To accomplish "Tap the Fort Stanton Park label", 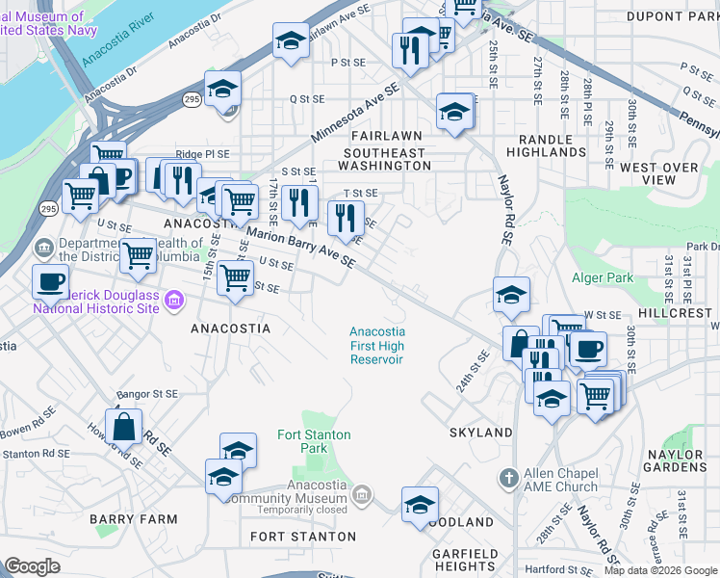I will pyautogui.click(x=314, y=441).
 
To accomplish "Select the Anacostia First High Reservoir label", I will pyautogui.click(x=376, y=345).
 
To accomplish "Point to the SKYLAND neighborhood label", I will pyautogui.click(x=480, y=433).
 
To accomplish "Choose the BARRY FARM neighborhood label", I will pyautogui.click(x=134, y=519).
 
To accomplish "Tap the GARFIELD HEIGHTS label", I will pyautogui.click(x=464, y=560).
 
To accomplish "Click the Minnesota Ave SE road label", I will pyautogui.click(x=354, y=112).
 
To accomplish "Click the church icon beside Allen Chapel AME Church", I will pyautogui.click(x=509, y=478).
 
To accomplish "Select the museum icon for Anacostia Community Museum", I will pyautogui.click(x=361, y=495).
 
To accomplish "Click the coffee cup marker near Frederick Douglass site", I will pyautogui.click(x=49, y=281).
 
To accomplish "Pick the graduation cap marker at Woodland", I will pyautogui.click(x=420, y=504).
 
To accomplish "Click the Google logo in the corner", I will pyautogui.click(x=33, y=565).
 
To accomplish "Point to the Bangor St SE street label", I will pyautogui.click(x=147, y=394).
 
